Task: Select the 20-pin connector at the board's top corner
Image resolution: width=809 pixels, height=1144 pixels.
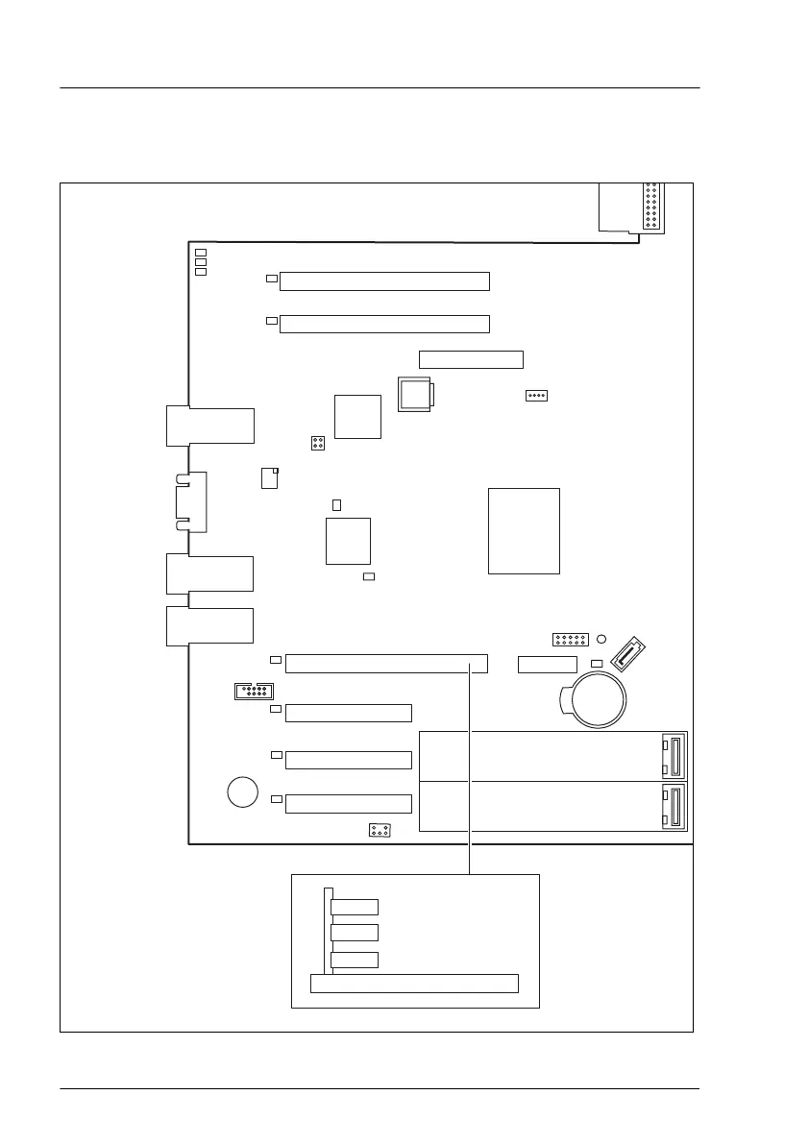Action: click(652, 206)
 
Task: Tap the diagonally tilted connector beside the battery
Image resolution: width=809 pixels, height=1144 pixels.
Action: click(627, 655)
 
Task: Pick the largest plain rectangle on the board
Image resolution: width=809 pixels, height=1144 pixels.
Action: click(524, 530)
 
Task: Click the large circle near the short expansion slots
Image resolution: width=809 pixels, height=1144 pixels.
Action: click(243, 791)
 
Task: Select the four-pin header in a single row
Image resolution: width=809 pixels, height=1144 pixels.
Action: click(536, 396)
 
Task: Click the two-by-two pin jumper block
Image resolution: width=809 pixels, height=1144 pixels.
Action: click(317, 443)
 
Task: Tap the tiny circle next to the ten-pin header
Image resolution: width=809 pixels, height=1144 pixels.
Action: click(601, 639)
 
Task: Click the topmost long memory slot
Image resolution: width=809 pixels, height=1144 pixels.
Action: click(384, 281)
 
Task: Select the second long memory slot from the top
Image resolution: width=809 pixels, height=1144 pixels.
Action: click(384, 324)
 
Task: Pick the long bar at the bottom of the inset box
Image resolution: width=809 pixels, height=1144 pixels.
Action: click(414, 983)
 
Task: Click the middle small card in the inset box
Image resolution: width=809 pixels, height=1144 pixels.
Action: click(354, 932)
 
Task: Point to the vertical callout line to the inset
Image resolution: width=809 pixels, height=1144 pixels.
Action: click(470, 768)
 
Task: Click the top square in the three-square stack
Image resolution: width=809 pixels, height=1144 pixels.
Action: click(201, 251)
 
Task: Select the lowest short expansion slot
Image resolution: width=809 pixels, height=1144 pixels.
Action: click(349, 803)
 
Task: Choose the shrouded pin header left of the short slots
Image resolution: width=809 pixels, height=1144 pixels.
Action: click(254, 691)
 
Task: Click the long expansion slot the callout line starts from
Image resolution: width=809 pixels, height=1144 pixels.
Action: click(386, 664)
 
